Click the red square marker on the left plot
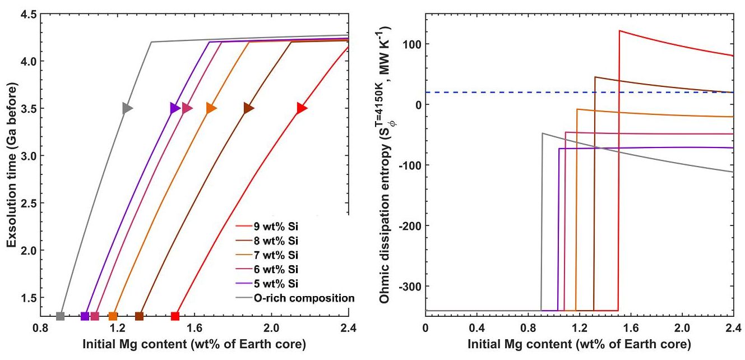click(175, 316)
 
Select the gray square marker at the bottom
click(61, 316)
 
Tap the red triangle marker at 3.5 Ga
click(302, 108)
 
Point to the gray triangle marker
click(127, 108)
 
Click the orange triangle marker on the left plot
click(211, 108)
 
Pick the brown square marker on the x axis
click(140, 316)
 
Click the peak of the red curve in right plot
click(619, 31)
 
